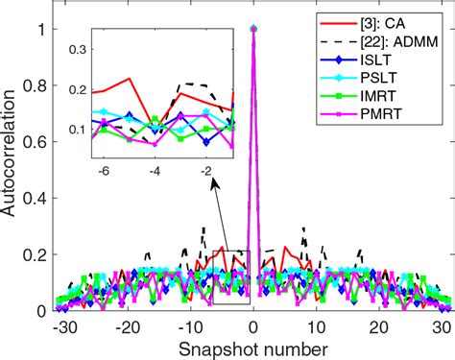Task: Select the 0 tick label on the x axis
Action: (252, 326)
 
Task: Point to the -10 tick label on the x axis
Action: (186, 326)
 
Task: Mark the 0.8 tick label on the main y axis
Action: (36, 85)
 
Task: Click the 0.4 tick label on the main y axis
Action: (36, 199)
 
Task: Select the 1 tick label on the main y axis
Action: (42, 29)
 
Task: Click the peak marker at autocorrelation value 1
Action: (252, 29)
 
